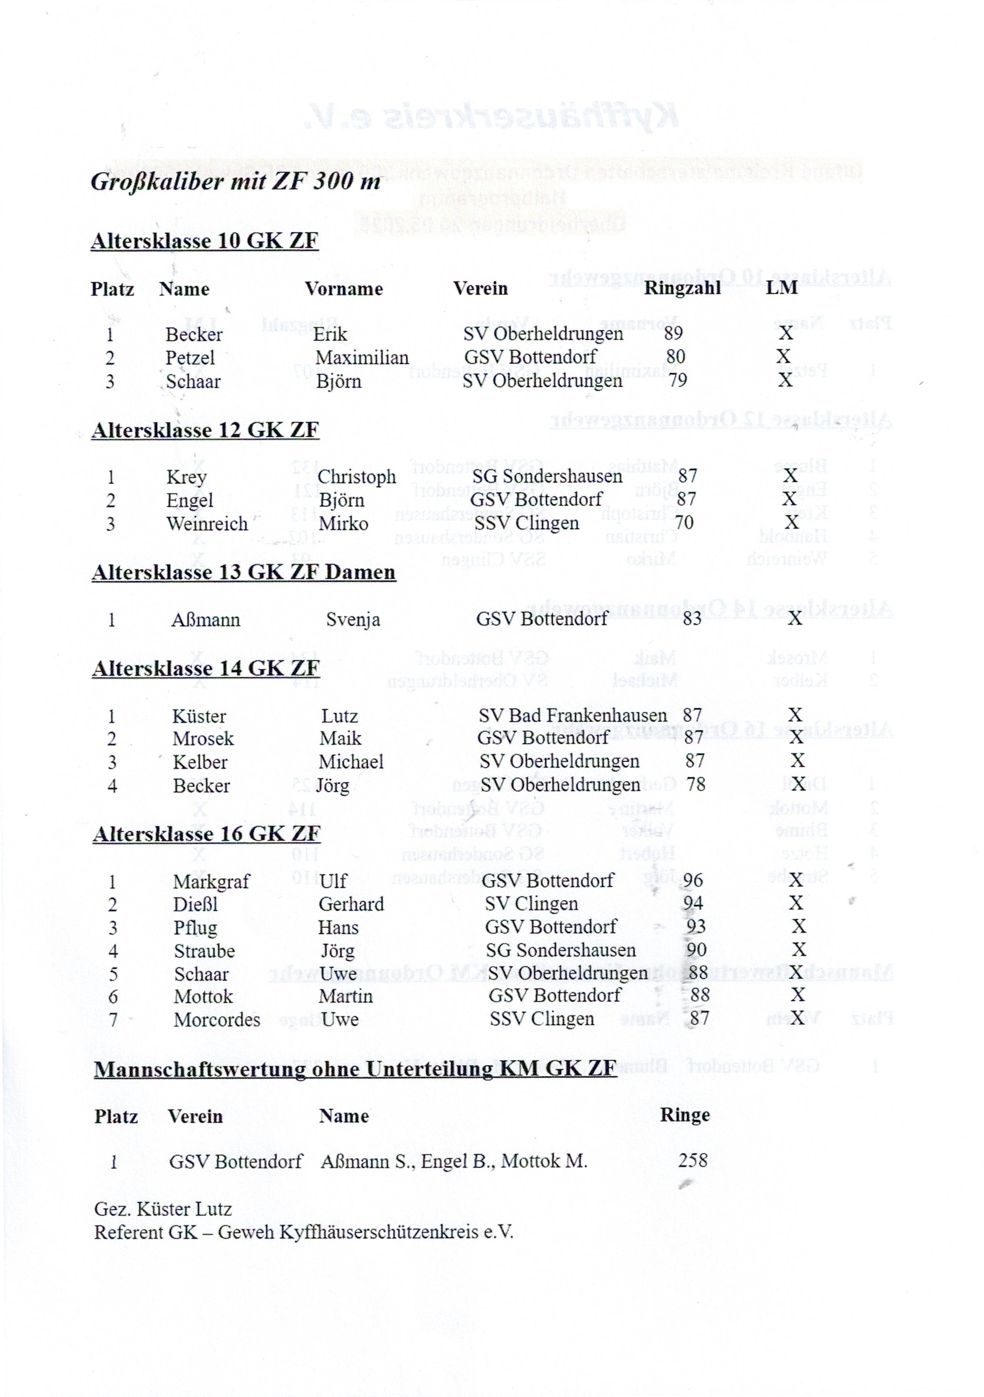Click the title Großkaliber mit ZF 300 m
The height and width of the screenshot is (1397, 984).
point(235,181)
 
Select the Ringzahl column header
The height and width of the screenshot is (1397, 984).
point(682,288)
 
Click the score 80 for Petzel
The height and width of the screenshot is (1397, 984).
point(675,357)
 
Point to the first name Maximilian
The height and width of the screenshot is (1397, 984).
point(362,358)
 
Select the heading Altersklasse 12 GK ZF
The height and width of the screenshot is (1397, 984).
point(205,430)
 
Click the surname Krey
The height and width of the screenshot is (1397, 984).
point(186,477)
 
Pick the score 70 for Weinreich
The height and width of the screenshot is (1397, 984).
point(684,523)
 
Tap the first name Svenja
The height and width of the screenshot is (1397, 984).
point(352,620)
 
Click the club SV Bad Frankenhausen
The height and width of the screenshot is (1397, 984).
point(572,715)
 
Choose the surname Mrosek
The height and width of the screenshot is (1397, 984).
point(203,739)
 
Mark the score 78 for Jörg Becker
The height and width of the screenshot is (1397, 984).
point(696,785)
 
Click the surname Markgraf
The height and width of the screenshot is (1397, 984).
point(211,881)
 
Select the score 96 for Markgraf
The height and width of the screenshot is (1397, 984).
point(693,880)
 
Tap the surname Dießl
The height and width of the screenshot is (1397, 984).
point(195,905)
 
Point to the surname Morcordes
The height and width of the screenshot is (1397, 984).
point(217,1020)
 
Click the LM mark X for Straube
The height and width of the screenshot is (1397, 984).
point(799,950)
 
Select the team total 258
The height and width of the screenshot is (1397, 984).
point(693,1161)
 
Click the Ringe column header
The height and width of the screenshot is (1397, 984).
point(685,1115)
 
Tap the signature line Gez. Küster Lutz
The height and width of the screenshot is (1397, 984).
point(162,1209)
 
